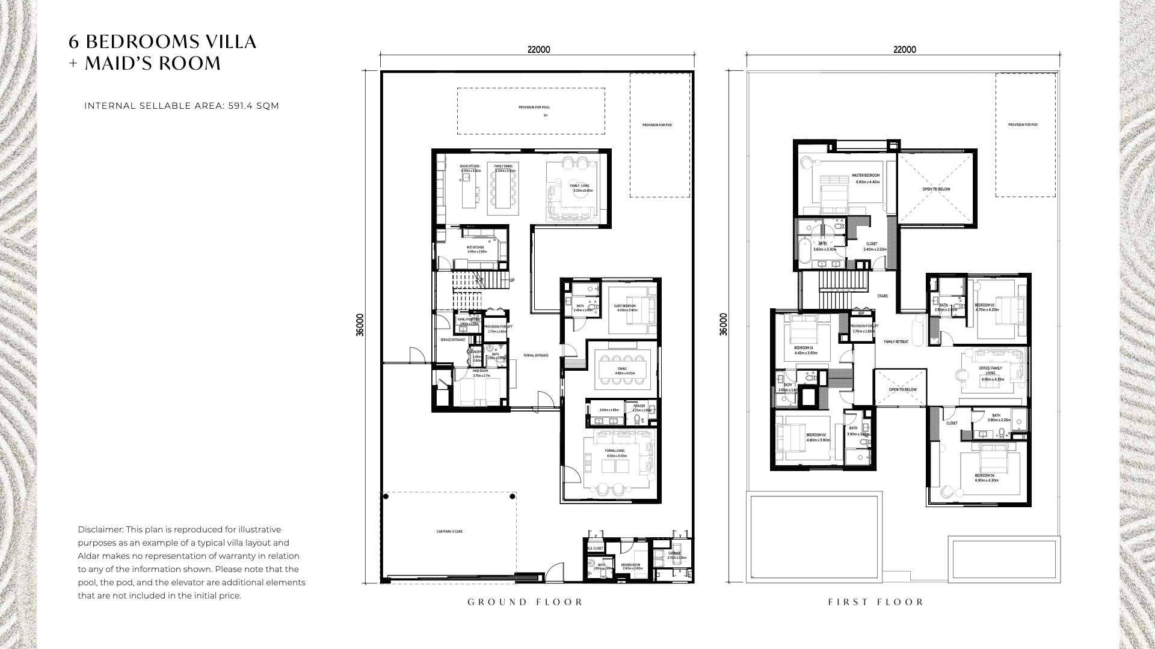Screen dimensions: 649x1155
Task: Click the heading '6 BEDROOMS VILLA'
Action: click(x=162, y=41)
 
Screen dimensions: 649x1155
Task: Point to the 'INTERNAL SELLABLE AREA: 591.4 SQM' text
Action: click(x=182, y=106)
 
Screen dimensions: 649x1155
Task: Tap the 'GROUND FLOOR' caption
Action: click(x=525, y=602)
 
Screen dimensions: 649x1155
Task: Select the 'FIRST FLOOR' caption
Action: click(x=876, y=602)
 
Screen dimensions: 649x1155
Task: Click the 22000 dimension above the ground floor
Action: click(x=538, y=50)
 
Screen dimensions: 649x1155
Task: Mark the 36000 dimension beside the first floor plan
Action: click(x=724, y=324)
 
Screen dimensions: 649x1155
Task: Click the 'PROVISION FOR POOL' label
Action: click(x=534, y=108)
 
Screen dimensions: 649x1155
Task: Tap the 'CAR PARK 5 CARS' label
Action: click(x=449, y=532)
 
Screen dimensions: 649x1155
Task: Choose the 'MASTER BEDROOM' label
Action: click(x=866, y=176)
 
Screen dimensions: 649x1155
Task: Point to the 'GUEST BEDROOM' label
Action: click(x=625, y=306)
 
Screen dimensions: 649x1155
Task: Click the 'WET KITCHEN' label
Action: click(x=475, y=248)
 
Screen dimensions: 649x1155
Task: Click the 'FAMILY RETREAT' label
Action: click(x=896, y=342)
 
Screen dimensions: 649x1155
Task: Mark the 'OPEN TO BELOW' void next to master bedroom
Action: click(x=936, y=189)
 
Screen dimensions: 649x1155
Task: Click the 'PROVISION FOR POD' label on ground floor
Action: click(x=657, y=125)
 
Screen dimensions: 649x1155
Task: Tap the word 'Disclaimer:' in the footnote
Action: click(x=100, y=529)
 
